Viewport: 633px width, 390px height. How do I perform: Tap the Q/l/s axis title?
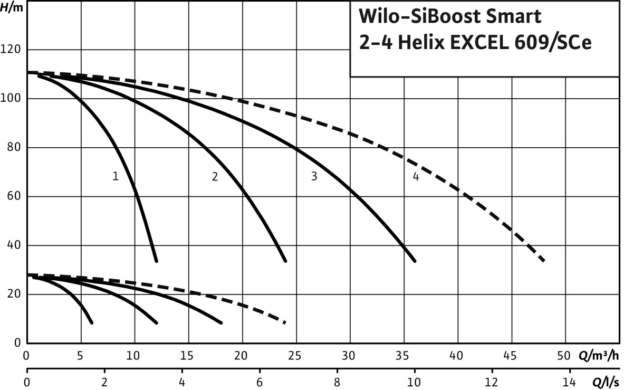click(606, 381)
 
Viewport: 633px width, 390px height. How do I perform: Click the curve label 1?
click(115, 177)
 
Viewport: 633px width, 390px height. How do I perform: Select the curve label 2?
click(215, 177)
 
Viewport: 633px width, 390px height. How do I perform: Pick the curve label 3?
click(314, 176)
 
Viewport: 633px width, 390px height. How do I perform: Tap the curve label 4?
click(416, 177)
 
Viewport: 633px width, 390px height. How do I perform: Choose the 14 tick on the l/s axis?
click(569, 381)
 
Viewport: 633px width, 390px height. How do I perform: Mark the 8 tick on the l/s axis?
click(337, 381)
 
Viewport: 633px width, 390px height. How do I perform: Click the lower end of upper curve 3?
click(415, 261)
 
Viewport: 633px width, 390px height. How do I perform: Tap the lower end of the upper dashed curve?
click(543, 261)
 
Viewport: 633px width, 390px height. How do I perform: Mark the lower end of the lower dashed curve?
click(285, 322)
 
